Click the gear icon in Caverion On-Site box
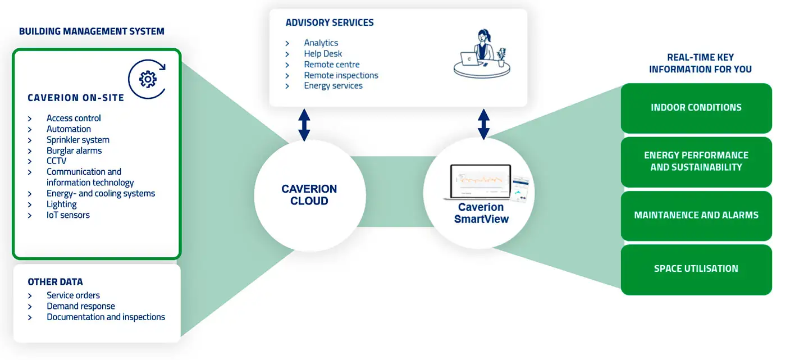coord(148,80)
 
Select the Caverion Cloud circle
coord(309,195)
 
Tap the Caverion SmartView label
coord(481,213)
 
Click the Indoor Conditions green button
coord(696,108)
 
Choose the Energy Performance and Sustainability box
coord(696,161)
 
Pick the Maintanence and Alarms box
coord(696,215)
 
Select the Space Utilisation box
coord(696,269)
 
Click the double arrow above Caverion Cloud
coord(304,125)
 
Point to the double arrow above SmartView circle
coord(483,125)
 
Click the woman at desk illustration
coord(482,53)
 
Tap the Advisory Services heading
coord(330,23)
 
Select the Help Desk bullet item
coord(323,54)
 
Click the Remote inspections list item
coord(341,75)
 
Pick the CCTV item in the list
coord(56,161)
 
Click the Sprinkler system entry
coord(77,140)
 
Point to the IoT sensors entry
coord(68,215)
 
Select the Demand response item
coord(80,307)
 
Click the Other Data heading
coord(55,282)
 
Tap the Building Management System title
coord(92,31)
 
